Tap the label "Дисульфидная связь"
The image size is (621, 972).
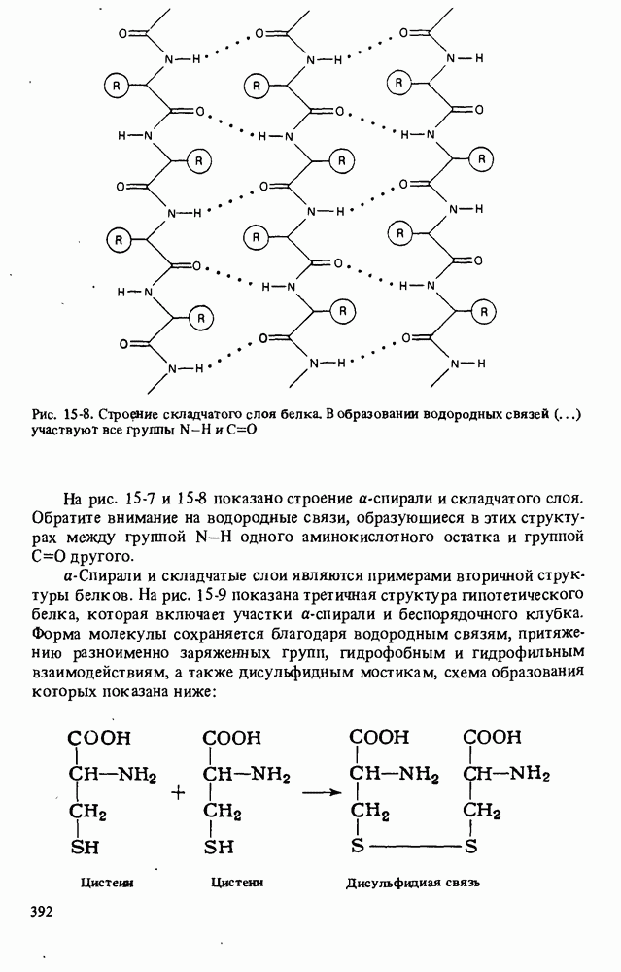414,884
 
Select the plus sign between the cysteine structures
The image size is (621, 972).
178,792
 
